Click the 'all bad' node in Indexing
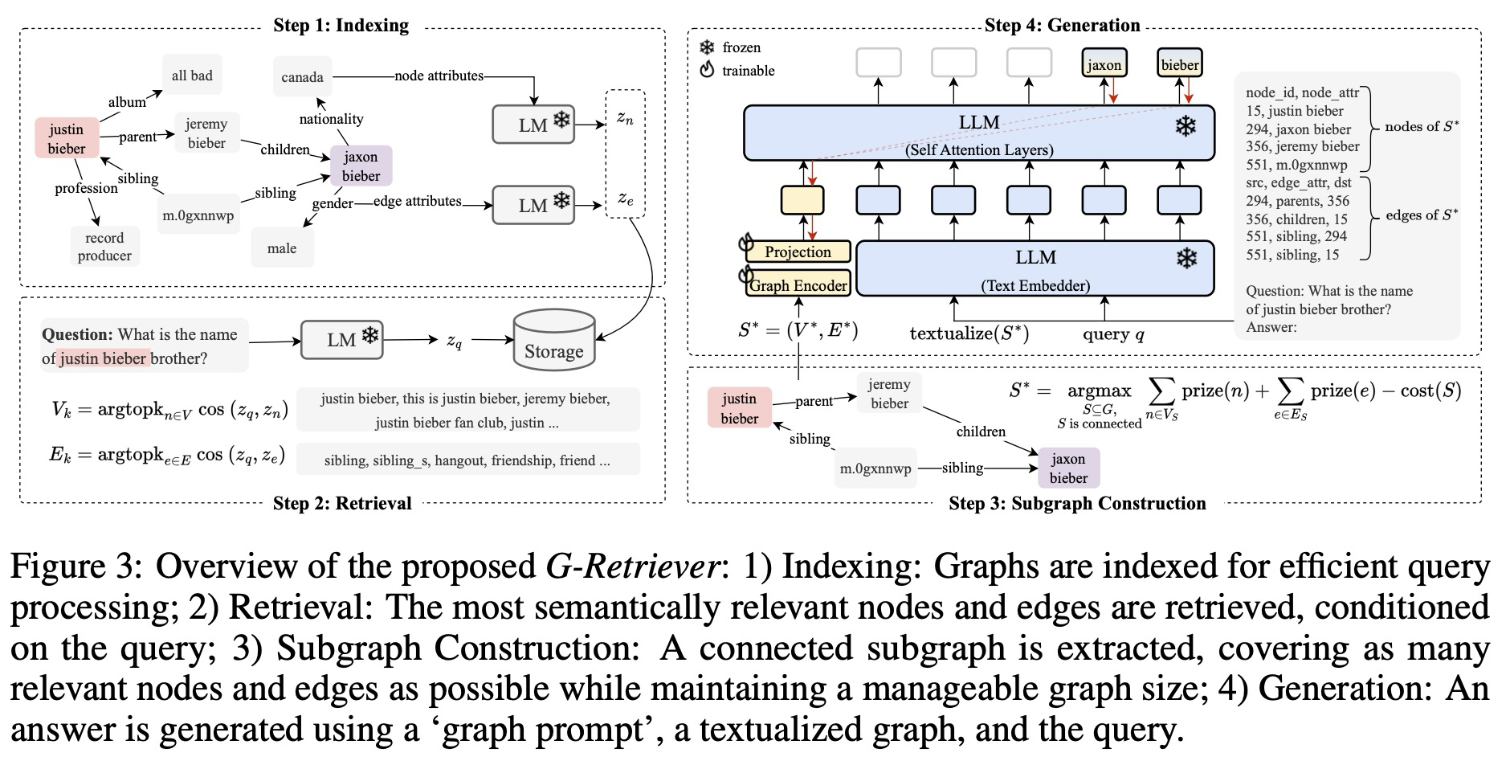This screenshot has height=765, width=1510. click(x=192, y=76)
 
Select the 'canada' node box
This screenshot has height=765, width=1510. click(x=302, y=77)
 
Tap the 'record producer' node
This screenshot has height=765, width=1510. click(x=104, y=247)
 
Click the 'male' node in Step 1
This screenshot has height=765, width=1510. click(x=282, y=248)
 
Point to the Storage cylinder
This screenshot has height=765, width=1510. click(x=553, y=342)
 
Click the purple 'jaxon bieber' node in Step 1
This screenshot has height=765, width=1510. click(x=361, y=166)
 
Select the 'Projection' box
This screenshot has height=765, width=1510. click(x=798, y=252)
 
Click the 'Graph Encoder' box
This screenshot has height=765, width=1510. click(x=798, y=285)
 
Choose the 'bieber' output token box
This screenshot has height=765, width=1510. click(x=1179, y=64)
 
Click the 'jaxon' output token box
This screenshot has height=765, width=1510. click(x=1104, y=64)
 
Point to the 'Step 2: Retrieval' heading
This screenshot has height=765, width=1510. click(x=342, y=503)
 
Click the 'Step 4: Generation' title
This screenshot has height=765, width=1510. click(x=1062, y=25)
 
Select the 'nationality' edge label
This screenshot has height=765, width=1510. click(x=331, y=119)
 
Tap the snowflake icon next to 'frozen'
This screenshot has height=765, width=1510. click(x=707, y=47)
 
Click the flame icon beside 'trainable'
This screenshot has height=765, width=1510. click(x=707, y=70)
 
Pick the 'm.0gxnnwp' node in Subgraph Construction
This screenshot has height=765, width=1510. click(x=875, y=468)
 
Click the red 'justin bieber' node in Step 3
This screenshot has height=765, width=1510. click(x=739, y=408)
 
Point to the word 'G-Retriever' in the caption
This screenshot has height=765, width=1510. click(x=631, y=567)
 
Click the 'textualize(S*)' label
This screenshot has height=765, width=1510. click(x=969, y=333)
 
